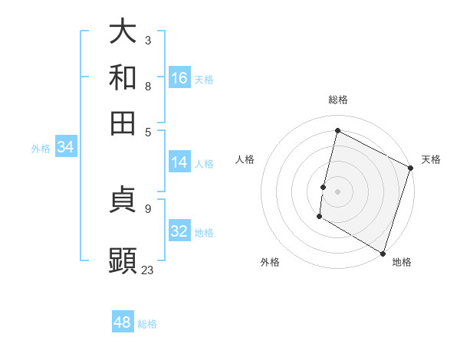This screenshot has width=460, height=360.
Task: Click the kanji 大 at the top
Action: (123, 31)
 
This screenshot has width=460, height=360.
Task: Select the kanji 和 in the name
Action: (123, 77)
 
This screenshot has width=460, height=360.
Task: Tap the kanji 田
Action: (123, 123)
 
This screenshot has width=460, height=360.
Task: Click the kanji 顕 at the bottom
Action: (123, 261)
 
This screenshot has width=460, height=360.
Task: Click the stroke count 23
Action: (147, 270)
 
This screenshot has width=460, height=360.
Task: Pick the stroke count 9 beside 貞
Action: (147, 208)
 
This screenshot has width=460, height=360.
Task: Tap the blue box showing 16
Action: (179, 78)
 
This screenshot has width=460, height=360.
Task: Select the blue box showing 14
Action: (179, 162)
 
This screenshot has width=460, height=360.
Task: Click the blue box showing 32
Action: (179, 231)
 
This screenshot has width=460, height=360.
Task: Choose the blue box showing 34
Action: (65, 148)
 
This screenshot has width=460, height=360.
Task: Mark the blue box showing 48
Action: (122, 322)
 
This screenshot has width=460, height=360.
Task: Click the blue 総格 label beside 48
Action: (147, 324)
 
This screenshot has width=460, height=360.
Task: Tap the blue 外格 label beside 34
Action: (41, 149)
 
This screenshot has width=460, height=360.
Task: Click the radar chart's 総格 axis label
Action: (337, 100)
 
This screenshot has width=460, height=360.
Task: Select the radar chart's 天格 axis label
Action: (431, 159)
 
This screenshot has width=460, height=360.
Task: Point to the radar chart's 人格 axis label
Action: (245, 159)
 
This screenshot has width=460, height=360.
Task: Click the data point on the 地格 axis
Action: (383, 253)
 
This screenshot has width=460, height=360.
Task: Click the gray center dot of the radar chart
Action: (337, 191)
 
